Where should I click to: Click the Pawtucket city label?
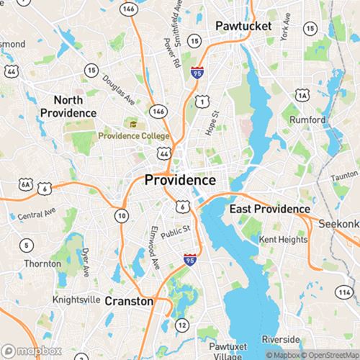(x=243, y=26)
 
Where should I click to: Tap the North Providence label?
(x=68, y=107)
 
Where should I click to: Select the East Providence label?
(x=270, y=209)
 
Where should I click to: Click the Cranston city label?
(x=130, y=301)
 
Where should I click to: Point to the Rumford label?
(x=307, y=120)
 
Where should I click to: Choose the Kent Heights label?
(x=279, y=238)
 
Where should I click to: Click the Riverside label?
(x=281, y=338)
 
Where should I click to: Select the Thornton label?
(x=42, y=264)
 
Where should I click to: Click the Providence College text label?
(x=134, y=136)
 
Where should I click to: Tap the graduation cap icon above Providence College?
(x=133, y=125)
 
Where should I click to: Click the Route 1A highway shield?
(x=302, y=95)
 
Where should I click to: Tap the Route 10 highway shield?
(x=122, y=215)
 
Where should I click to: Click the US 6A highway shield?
(x=27, y=185)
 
